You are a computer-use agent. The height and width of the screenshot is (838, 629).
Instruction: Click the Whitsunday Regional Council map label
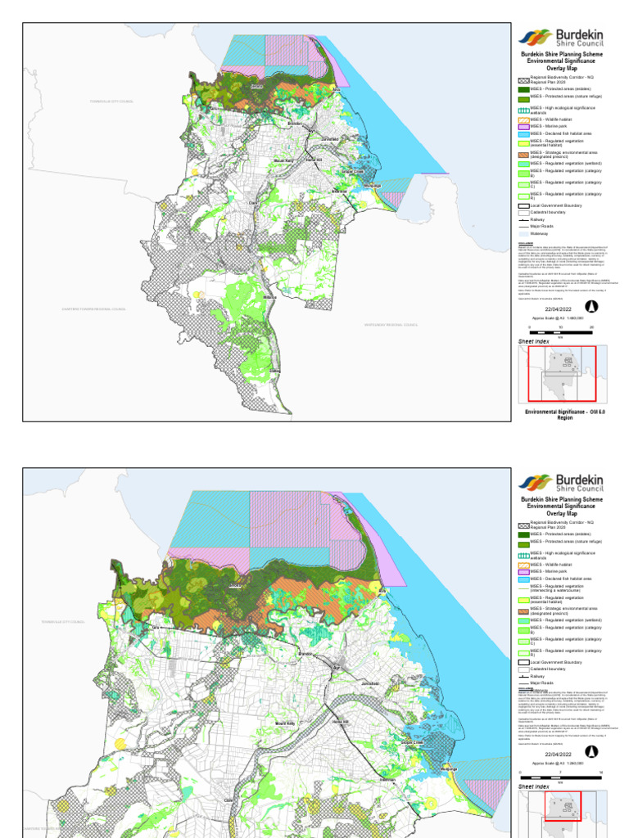coord(391,325)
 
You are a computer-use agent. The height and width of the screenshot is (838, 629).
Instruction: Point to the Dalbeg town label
coord(274,371)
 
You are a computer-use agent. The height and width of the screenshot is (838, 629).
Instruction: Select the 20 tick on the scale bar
coord(591,326)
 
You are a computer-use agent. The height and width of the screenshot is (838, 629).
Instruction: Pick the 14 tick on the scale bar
coord(601,772)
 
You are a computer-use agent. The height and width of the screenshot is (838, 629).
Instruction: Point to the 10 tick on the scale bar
coord(561,326)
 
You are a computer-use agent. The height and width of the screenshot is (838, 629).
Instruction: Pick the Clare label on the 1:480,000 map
coord(253,201)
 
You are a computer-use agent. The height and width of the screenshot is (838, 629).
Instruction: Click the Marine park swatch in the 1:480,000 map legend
coord(524,126)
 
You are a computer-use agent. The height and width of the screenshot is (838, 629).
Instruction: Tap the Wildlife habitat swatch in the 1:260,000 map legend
coord(524,565)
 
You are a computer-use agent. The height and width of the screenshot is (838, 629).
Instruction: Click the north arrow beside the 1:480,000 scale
coord(591,306)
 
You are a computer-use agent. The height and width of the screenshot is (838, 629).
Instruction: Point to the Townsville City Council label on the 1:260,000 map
coord(63,622)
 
